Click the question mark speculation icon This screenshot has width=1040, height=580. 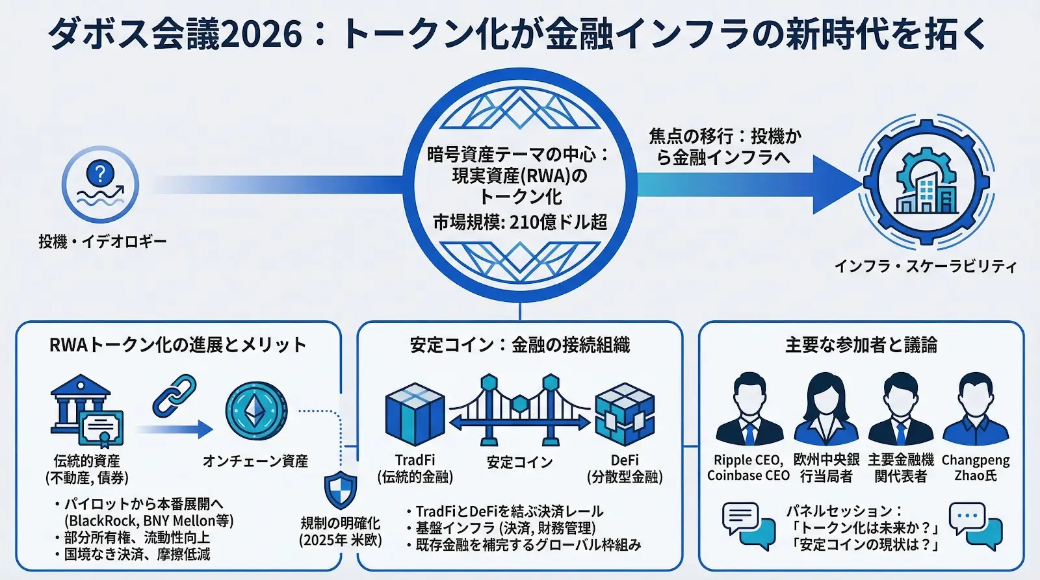pos(100,184)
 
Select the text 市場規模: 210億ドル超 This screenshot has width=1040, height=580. pos(520,222)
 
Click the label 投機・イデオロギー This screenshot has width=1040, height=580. pos(103,242)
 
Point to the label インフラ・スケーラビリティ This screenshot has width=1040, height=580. pos(926,266)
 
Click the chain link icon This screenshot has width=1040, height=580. pos(174,396)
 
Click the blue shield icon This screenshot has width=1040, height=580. pos(341,490)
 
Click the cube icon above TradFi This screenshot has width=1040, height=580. pos(415,414)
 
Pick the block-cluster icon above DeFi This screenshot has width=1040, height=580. pos(624,414)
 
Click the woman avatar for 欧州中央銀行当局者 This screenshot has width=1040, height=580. pos(825,409)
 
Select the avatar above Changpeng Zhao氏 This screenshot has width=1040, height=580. pos(975,409)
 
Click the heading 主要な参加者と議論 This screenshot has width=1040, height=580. pos(861,345)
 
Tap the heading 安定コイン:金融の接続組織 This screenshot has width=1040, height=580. pos(519,345)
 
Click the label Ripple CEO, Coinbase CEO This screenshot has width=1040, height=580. pos(748,468)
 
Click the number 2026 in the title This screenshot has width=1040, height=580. pos(261,34)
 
